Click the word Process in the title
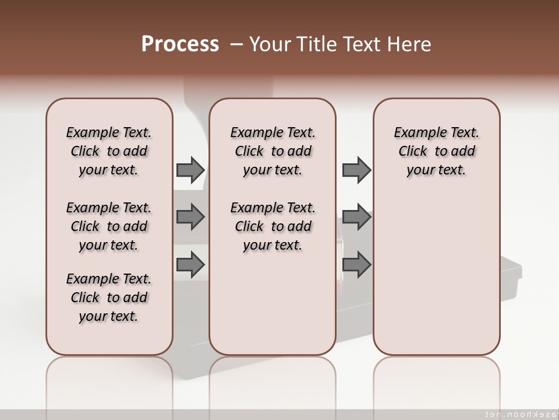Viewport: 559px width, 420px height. tap(180, 44)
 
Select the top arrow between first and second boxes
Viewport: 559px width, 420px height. tap(190, 170)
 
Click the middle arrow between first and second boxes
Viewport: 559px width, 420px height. tap(190, 218)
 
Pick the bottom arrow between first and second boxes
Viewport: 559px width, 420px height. tap(190, 265)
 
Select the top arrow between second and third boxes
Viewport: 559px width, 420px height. tap(356, 170)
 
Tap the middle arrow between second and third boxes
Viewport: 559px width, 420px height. tap(356, 218)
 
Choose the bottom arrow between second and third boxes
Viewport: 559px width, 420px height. tap(356, 265)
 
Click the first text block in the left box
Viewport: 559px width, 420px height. tap(109, 151)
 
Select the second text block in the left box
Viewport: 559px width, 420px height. tap(109, 226)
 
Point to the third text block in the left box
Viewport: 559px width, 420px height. tap(109, 297)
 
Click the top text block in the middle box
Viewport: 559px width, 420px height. tap(273, 151)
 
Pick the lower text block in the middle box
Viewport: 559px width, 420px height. tap(273, 226)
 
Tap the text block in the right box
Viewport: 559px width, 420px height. tap(436, 151)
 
